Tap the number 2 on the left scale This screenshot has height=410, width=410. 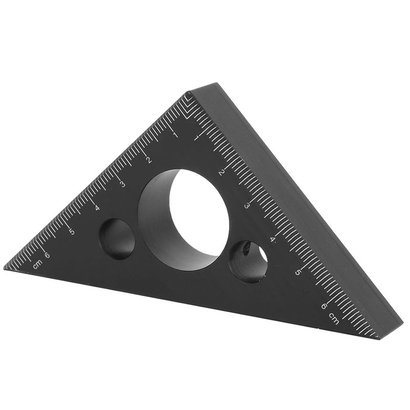(x=149, y=160)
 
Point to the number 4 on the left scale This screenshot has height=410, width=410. (x=97, y=208)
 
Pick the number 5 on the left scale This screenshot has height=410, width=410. (x=72, y=232)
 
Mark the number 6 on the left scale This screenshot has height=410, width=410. (x=47, y=255)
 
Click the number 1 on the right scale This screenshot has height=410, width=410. (x=197, y=137)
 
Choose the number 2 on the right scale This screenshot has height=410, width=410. (x=221, y=172)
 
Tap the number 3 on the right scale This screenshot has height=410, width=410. (x=247, y=206)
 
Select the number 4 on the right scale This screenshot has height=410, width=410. (x=273, y=239)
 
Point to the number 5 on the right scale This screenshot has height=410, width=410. (x=298, y=272)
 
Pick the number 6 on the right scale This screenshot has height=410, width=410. (x=323, y=306)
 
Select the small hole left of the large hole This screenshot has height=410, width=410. (x=117, y=238)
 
